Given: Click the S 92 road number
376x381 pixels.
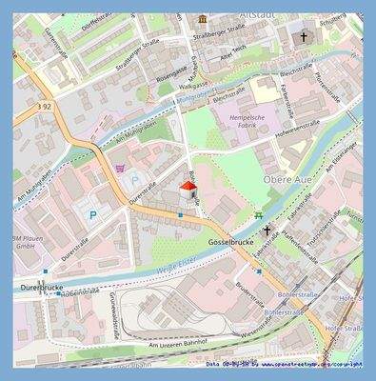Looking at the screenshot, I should pyautogui.click(x=44, y=106).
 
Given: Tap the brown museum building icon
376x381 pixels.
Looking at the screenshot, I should pyautogui.click(x=202, y=19).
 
